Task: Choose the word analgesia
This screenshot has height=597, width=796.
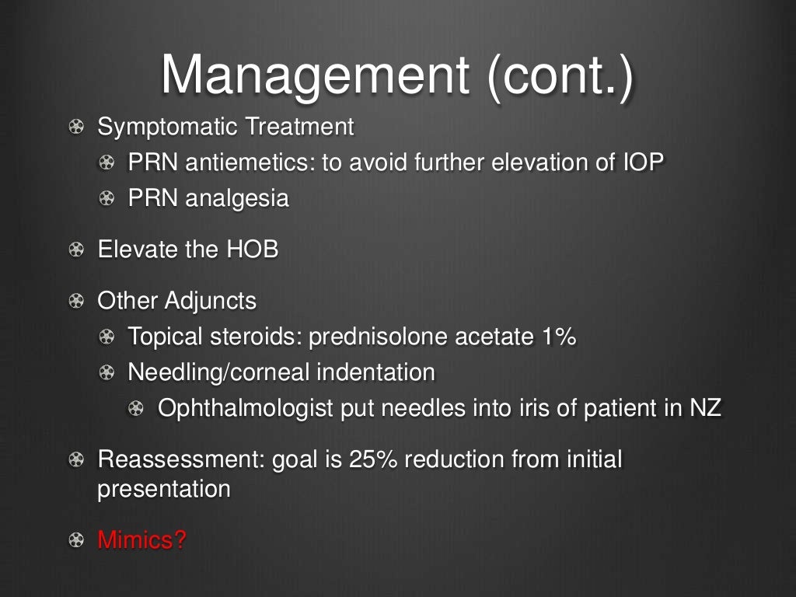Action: (238, 199)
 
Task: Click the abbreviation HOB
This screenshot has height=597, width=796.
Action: (252, 250)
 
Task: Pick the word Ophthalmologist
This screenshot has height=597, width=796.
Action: (246, 409)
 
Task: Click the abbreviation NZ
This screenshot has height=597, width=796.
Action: (706, 409)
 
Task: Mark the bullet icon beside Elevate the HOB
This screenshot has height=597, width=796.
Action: (75, 250)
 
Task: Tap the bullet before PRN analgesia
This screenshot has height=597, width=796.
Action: (106, 199)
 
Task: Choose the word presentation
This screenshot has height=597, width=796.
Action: (163, 491)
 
